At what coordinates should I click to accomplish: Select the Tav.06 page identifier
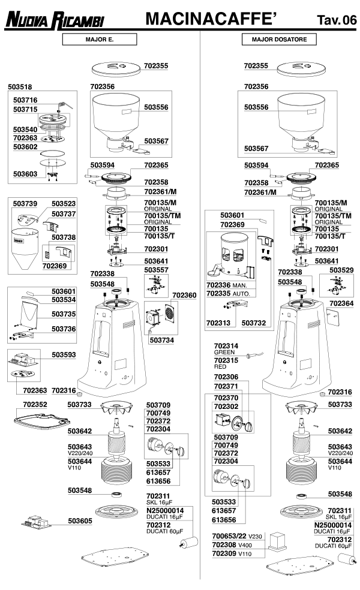pos(336,21)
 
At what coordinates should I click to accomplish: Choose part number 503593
pos(64,355)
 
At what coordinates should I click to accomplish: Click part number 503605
pos(80,520)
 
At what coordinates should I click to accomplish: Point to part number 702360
pos(184,296)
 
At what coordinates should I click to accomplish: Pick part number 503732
pos(254,323)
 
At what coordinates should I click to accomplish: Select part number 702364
pos(342,303)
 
